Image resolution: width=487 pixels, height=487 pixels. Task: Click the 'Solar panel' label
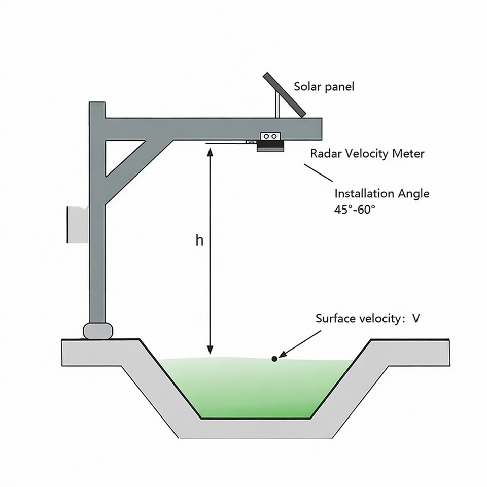324,86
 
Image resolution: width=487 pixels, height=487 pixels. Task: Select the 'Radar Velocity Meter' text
367,153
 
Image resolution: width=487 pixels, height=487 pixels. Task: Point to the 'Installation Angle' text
381,193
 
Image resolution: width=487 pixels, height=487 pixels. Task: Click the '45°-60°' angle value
355,209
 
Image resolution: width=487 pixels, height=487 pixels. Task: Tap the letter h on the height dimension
199,240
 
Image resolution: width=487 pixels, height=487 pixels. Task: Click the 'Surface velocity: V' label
368,319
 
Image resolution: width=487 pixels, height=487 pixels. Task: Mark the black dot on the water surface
274,359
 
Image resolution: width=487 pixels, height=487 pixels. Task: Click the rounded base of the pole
97,330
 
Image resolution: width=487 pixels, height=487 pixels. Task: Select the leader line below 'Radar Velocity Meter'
318,172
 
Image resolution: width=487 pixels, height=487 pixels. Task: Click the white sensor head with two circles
270,136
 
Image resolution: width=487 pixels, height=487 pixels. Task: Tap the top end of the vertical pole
97,106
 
